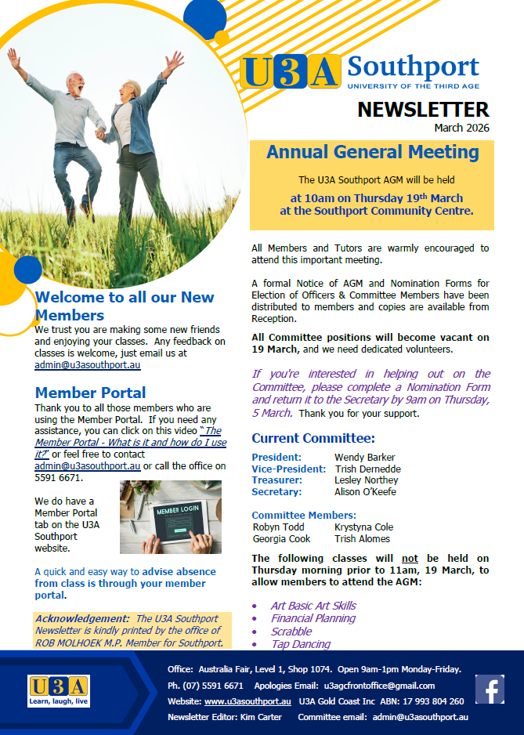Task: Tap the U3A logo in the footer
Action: (59, 690)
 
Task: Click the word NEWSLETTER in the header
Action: (423, 110)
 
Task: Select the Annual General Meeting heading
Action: (372, 152)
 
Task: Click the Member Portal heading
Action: (90, 393)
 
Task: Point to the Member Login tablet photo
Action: (171, 517)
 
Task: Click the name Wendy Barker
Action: (366, 457)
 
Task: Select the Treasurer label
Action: (276, 480)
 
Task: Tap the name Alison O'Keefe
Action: (365, 492)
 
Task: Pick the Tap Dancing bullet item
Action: (300, 644)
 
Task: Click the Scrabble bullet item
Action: (291, 632)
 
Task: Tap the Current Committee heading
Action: (313, 438)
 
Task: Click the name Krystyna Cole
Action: (363, 527)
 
